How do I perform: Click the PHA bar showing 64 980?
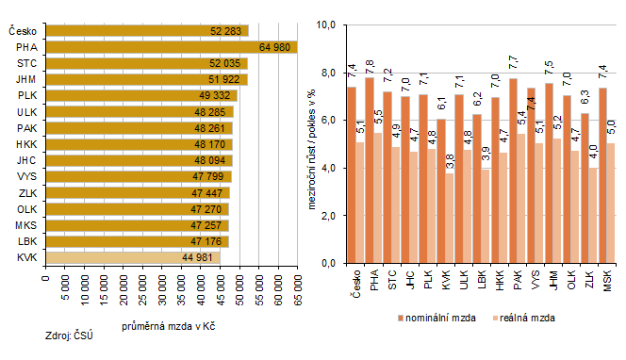[x=170, y=46]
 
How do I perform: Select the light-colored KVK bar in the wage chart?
[x=132, y=257]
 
